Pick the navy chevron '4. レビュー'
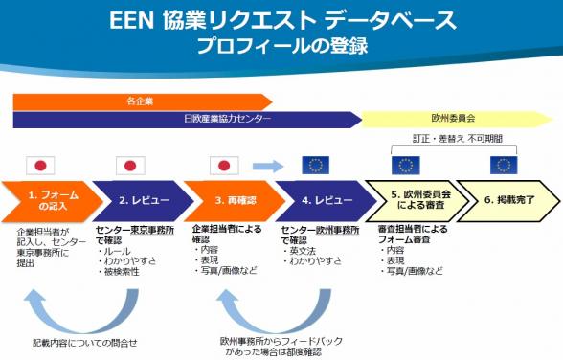tap(320, 201)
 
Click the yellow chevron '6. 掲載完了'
tap(504, 201)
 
